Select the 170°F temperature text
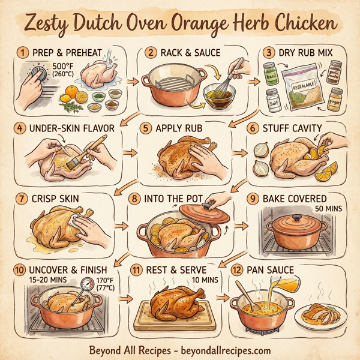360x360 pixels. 104,284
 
